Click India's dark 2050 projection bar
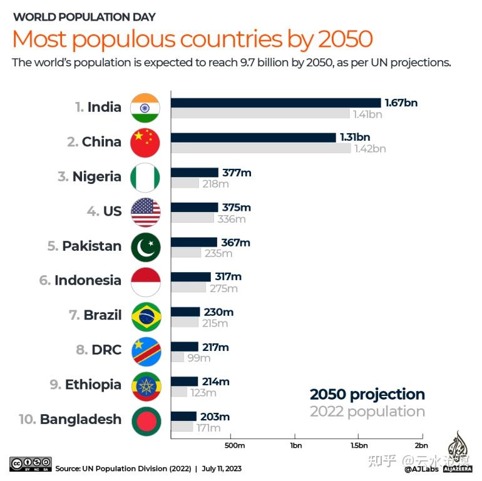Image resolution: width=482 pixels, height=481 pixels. click(275, 103)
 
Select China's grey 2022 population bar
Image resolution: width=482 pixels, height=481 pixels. click(260, 148)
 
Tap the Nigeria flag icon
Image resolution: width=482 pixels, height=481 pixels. click(145, 177)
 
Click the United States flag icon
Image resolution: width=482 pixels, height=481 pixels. click(145, 211)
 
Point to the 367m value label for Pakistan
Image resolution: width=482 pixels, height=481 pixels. click(236, 242)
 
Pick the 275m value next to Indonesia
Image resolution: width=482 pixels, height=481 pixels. click(223, 288)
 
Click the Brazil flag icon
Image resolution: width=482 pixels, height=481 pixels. click(145, 316)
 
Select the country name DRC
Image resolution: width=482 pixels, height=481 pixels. click(106, 350)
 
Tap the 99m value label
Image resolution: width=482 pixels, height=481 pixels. click(198, 358)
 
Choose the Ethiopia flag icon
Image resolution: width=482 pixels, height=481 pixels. click(145, 385)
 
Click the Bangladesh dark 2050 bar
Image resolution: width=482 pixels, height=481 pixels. click(183, 417)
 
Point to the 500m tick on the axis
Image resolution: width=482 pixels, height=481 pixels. click(233, 445)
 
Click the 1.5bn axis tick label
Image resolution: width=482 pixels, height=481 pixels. click(359, 445)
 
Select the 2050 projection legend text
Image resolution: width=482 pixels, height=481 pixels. click(367, 394)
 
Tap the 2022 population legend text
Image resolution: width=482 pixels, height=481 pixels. click(367, 412)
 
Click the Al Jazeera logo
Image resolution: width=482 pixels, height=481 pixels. click(460, 453)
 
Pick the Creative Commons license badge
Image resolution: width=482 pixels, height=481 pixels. click(30, 464)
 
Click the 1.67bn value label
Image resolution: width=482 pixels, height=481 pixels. click(401, 103)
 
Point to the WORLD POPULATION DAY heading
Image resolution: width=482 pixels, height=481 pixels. click(85, 17)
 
